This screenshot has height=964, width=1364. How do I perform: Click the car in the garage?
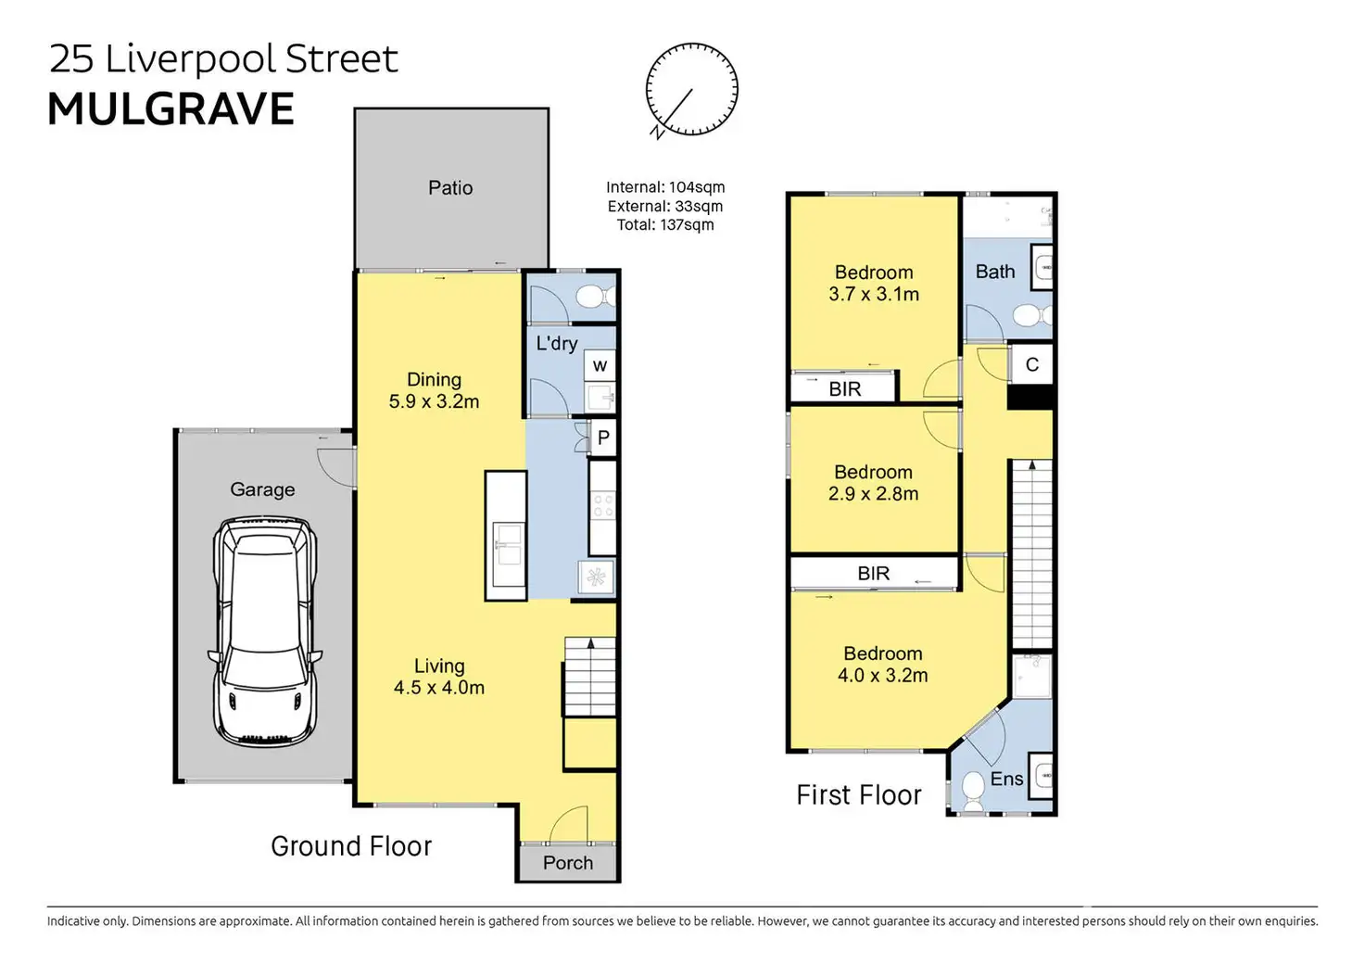[x=265, y=631]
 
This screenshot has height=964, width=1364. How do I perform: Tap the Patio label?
[x=450, y=187]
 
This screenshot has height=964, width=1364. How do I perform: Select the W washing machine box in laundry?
[x=600, y=365]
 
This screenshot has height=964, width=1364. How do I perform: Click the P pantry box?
[x=603, y=438]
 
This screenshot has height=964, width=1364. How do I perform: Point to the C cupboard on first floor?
[x=1031, y=364]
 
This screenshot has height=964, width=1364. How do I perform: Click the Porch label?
[x=567, y=863]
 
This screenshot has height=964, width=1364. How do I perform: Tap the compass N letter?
[x=657, y=132]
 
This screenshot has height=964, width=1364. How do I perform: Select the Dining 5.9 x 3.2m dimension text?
[x=435, y=401]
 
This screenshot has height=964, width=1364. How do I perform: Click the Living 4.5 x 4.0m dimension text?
[x=439, y=688]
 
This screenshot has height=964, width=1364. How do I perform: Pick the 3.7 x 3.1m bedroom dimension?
[x=874, y=294]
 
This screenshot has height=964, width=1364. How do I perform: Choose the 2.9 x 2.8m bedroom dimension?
[x=873, y=493]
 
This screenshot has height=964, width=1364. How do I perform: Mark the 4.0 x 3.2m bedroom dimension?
[x=883, y=675]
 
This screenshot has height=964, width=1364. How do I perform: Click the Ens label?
[x=1006, y=779]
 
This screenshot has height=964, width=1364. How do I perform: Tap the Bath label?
[x=995, y=271]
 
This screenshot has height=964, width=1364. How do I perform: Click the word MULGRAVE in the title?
[x=171, y=109]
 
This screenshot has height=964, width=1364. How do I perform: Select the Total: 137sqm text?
[x=665, y=224]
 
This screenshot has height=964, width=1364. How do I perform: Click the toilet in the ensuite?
[x=973, y=791]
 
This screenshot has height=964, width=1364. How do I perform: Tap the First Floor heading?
[x=859, y=794]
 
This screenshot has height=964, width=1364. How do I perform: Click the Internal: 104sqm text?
[x=665, y=187]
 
